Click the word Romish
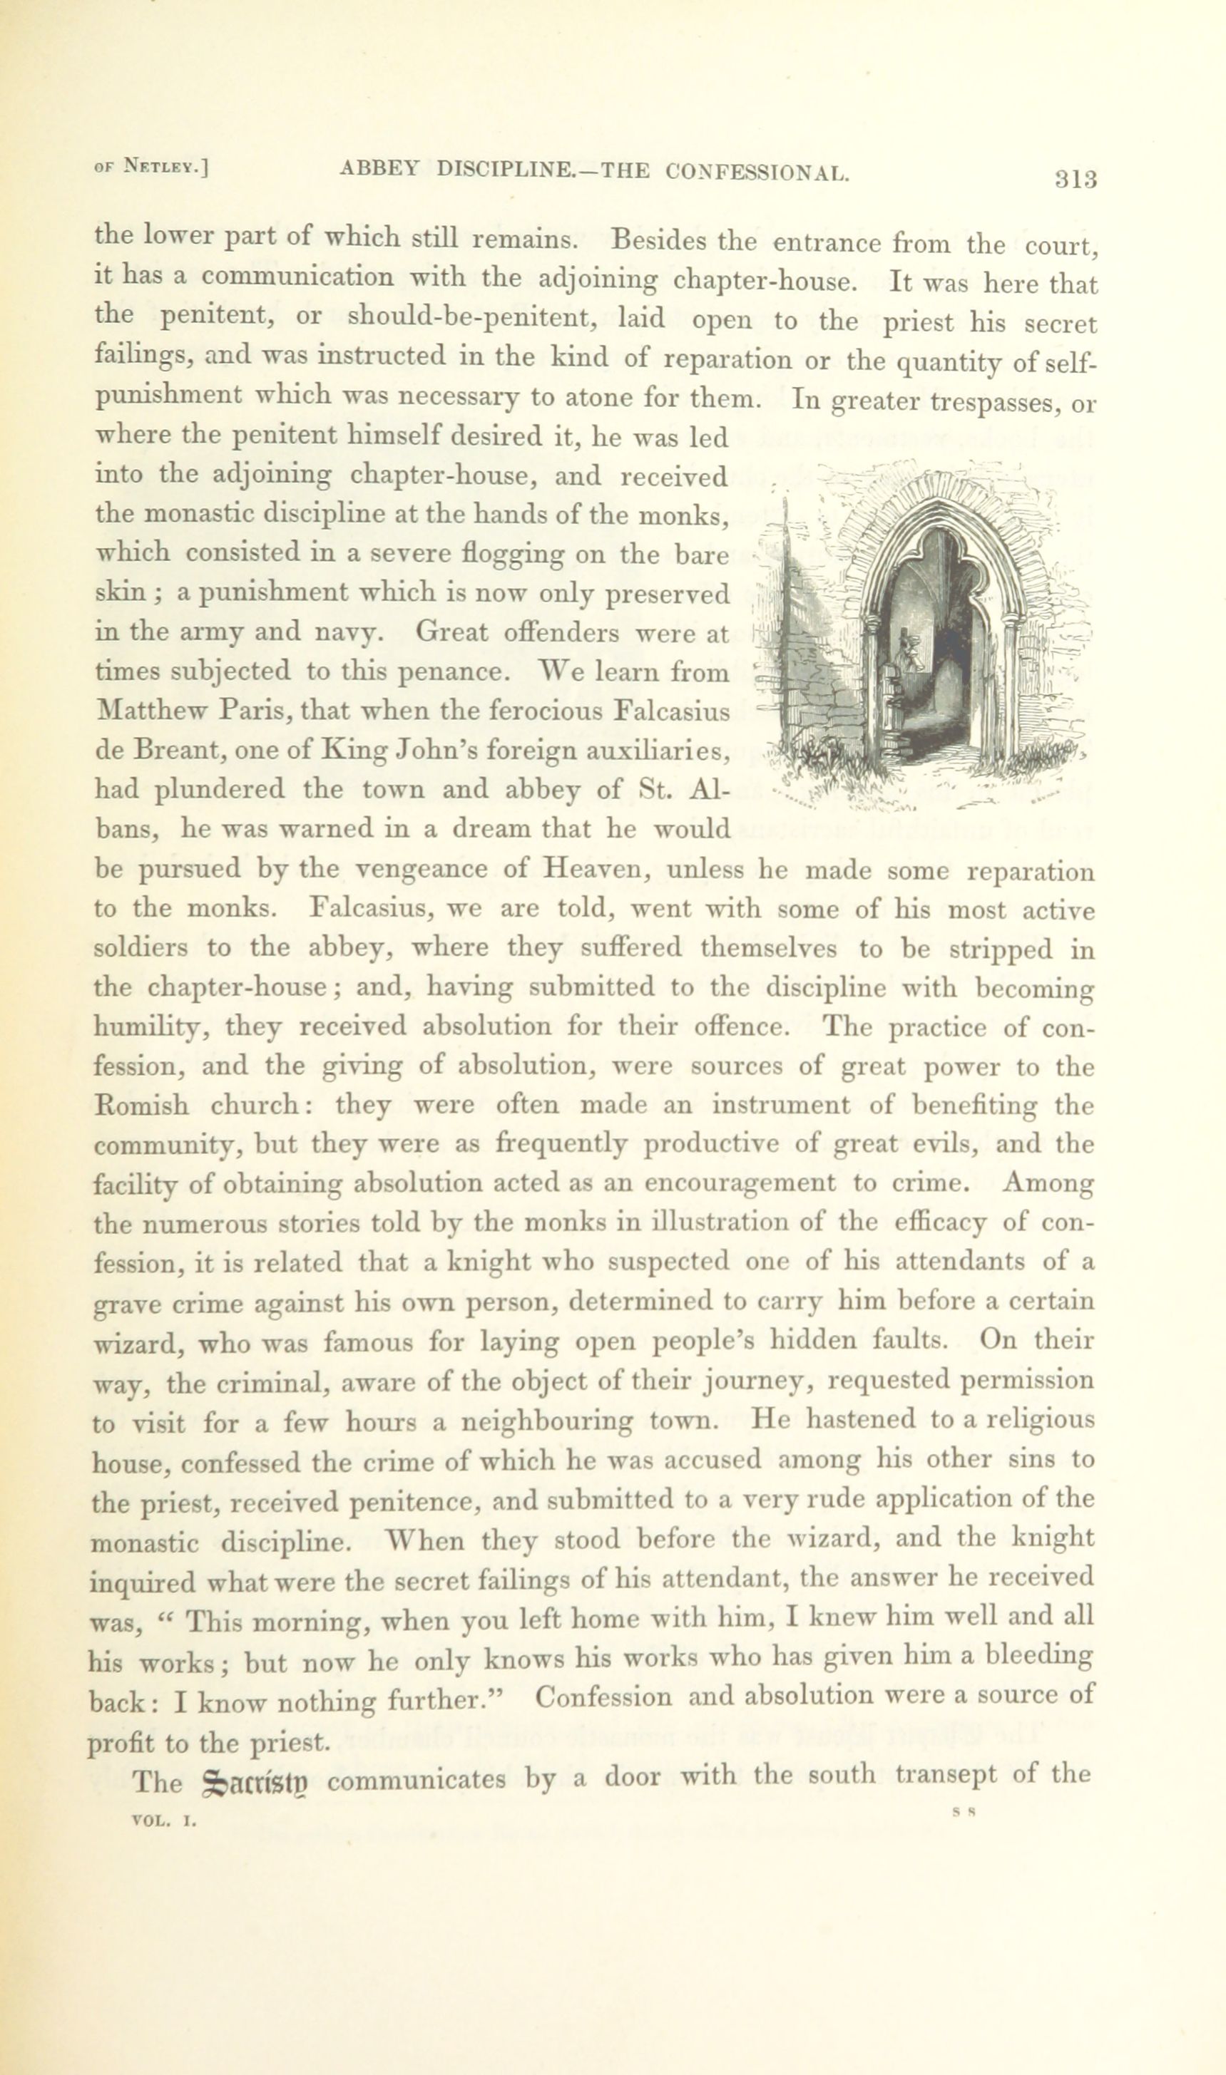pos(141,1105)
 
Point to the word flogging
pos(510,553)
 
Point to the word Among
pos(1048,1183)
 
